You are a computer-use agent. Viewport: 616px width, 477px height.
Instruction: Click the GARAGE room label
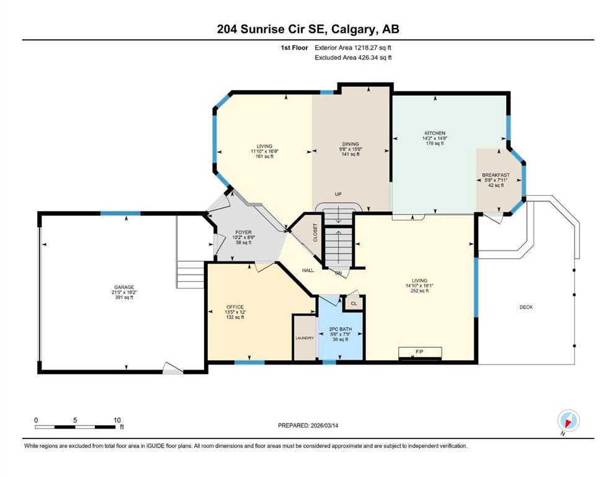[124, 287]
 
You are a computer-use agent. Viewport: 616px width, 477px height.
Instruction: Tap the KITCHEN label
[435, 134]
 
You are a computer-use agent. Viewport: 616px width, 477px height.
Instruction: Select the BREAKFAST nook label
[496, 175]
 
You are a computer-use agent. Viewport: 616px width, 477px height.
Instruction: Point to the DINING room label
[350, 144]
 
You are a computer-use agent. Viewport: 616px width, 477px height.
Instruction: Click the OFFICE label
[235, 307]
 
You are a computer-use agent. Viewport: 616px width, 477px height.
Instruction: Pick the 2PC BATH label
[340, 329]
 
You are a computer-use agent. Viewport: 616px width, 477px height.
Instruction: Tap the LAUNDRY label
[305, 338]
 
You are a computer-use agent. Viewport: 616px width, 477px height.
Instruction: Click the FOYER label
[244, 232]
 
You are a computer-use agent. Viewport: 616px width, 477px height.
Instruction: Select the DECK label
[526, 307]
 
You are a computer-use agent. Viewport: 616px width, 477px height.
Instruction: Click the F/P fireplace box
[420, 353]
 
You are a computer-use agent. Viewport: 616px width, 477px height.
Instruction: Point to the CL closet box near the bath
[354, 304]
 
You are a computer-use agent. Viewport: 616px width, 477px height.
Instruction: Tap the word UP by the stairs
[338, 194]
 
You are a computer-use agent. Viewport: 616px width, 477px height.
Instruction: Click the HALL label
[308, 271]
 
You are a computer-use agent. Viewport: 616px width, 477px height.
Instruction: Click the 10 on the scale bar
[117, 420]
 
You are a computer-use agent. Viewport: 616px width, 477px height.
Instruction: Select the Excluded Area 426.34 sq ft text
[353, 57]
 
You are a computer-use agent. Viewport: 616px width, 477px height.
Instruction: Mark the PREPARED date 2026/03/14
[324, 425]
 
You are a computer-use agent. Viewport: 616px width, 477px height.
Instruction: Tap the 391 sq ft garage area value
[124, 298]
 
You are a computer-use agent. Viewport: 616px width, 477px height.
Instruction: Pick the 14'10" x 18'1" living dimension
[419, 286]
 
